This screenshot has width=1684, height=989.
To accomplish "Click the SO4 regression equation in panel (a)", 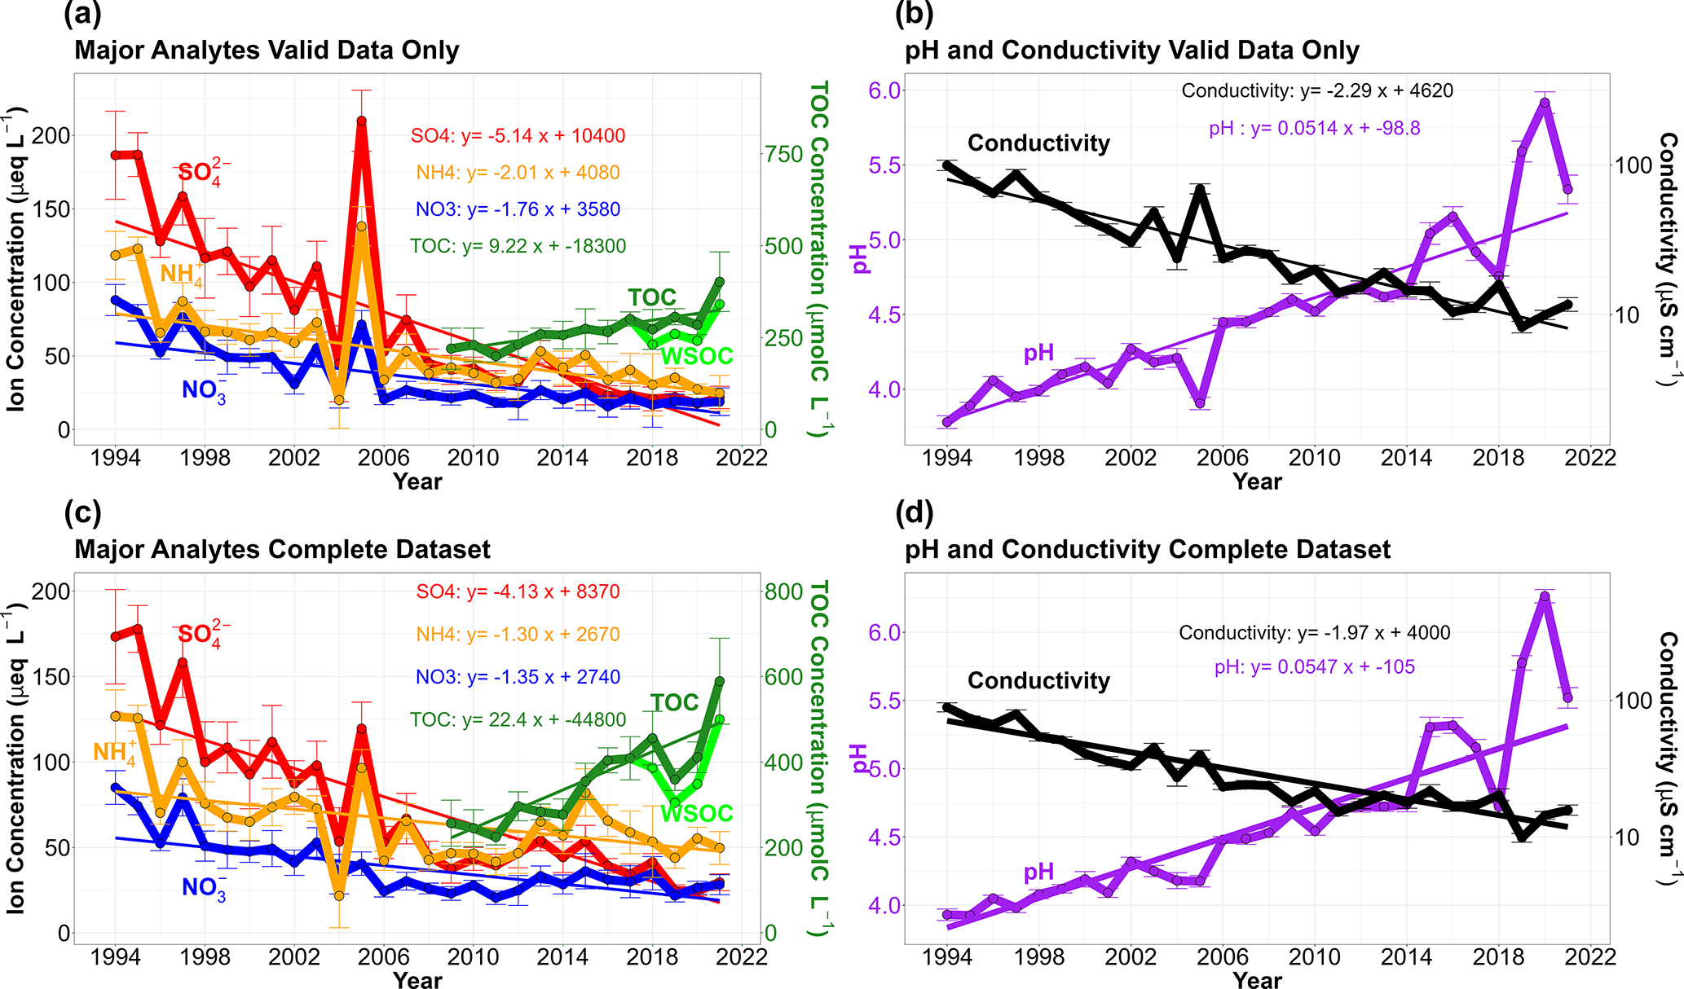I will tap(518, 135).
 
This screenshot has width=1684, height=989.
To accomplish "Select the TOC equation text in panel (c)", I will tap(518, 720).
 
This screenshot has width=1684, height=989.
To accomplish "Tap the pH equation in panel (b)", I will tap(1314, 128).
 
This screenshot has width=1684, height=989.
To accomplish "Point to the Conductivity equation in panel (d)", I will tap(1314, 633).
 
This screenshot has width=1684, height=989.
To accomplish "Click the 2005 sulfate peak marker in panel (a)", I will tap(361, 121).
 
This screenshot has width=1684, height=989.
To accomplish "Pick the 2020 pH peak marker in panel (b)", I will tap(1544, 103).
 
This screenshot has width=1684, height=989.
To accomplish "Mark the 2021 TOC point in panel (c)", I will tap(720, 681).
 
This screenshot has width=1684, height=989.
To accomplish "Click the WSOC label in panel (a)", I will tap(697, 356).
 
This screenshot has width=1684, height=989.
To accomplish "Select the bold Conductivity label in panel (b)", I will tap(1038, 143).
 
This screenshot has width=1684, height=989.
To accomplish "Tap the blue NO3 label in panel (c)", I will tap(203, 888).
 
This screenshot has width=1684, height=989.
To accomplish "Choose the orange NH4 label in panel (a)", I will tap(181, 273).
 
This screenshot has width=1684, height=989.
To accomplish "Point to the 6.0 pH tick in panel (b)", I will tap(884, 90).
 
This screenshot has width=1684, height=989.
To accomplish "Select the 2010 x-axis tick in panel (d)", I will tap(1314, 956).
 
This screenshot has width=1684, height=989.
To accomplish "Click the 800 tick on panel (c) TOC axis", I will tap(783, 591).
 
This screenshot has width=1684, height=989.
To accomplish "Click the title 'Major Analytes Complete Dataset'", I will tap(282, 550).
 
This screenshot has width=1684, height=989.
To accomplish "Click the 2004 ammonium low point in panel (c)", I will tap(339, 895).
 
